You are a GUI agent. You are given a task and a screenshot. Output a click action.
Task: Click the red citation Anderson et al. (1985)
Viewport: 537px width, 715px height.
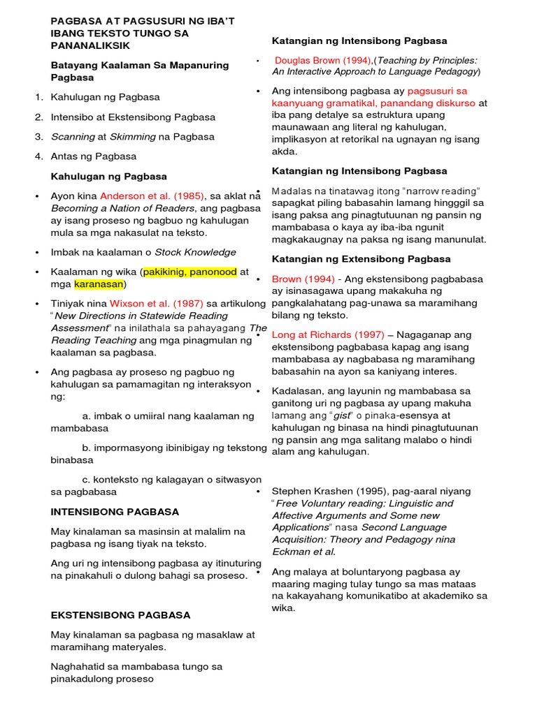151,196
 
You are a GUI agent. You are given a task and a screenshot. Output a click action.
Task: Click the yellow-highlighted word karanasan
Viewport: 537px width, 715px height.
99,284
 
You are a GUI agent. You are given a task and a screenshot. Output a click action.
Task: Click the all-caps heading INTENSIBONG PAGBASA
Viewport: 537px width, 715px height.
115,512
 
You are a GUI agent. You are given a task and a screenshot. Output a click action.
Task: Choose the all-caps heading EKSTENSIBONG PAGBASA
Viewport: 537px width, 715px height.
120,615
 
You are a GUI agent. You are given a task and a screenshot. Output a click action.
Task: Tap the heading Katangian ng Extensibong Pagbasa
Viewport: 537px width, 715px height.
361,259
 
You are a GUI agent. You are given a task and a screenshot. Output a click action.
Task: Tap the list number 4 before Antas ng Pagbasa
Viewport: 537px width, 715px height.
39,156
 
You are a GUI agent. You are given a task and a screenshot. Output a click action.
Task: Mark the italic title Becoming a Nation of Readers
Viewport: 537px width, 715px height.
122,208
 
